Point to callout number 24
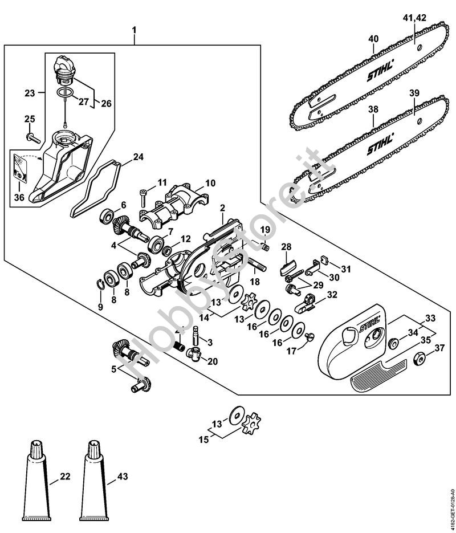coord(138,156)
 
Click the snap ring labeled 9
coord(100,283)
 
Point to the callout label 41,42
coord(414,19)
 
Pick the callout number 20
coord(213,361)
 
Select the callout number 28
coord(286,247)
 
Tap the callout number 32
coord(331,294)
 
